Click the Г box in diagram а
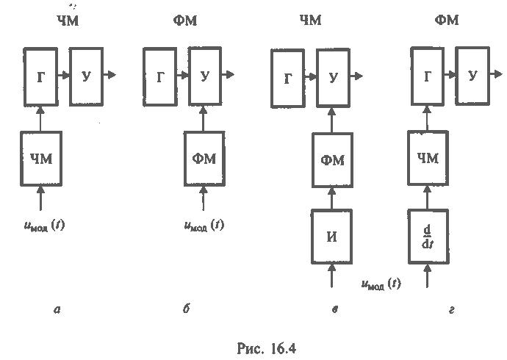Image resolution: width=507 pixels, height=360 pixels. (41, 75)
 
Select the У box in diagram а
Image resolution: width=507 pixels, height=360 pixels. (86, 75)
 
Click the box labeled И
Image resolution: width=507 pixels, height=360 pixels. (333, 236)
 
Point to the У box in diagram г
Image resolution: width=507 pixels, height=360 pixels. (472, 75)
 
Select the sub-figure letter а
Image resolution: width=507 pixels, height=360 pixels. (57, 310)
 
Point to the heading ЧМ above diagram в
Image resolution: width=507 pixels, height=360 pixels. (310, 20)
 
